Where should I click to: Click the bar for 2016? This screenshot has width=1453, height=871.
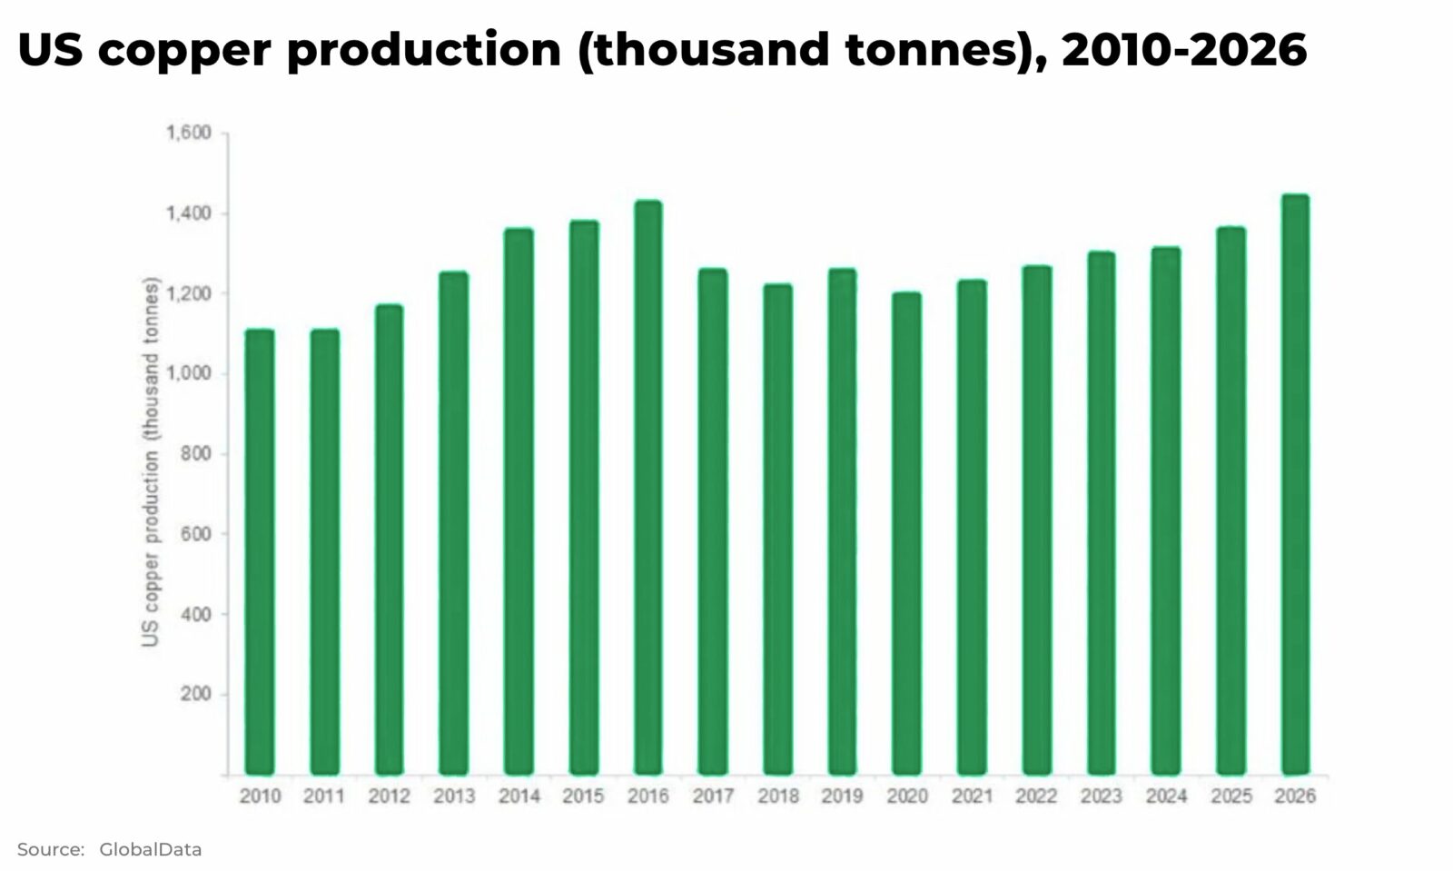647,488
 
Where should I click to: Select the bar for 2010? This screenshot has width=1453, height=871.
260,552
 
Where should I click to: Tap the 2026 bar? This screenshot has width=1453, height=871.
1295,484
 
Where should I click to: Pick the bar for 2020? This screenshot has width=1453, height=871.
906,533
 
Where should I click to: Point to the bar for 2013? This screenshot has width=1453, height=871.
453,523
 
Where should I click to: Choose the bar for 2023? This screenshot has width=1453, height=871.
1101,513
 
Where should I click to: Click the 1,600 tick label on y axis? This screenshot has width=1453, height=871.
188,134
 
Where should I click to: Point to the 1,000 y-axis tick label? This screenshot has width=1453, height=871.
188,373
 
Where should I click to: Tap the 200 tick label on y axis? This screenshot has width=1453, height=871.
196,694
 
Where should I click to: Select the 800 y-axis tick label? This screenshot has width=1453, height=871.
196,453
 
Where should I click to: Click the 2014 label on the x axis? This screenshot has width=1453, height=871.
519,797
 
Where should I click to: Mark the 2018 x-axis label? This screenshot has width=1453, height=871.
778,797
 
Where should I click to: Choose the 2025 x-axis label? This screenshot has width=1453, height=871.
1231,797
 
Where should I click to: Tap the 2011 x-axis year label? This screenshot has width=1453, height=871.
324,797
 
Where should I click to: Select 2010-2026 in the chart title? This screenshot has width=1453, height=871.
1184,50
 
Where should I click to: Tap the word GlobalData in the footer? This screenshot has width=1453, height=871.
150,850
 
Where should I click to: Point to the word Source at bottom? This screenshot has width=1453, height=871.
50,850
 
